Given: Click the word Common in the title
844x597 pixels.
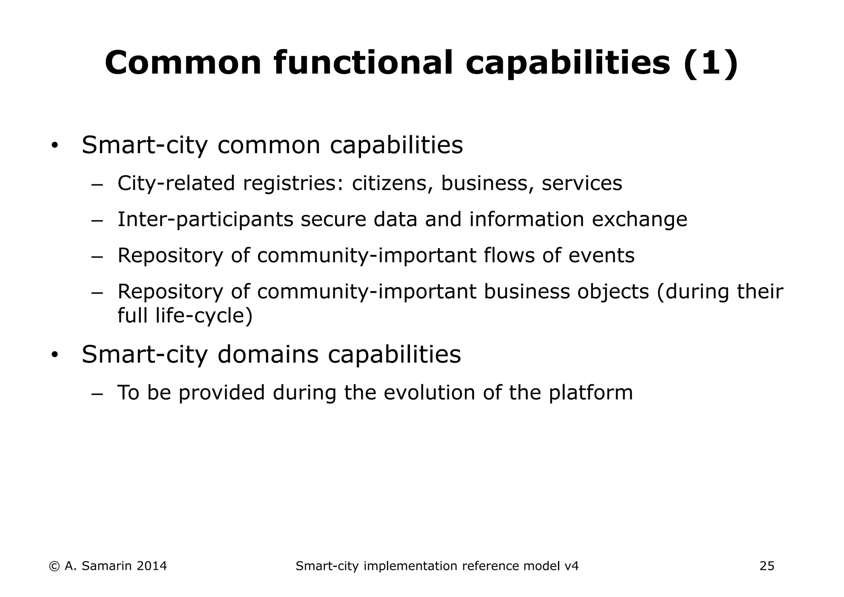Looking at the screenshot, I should [x=183, y=63].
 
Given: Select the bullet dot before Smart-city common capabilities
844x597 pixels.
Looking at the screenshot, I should [x=55, y=146].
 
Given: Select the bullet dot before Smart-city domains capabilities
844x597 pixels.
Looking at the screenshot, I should [x=55, y=355].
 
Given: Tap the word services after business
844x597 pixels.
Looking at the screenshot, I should [x=581, y=183].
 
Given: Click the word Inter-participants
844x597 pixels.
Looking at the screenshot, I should [x=205, y=220].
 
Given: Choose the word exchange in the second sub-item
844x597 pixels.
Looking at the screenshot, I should [x=640, y=220].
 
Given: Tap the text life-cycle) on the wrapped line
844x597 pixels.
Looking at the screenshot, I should [x=204, y=316].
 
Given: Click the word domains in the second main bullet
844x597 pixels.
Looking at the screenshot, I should [x=268, y=355].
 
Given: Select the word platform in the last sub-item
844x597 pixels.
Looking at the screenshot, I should [x=591, y=393].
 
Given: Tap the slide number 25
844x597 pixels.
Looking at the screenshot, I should [x=767, y=566].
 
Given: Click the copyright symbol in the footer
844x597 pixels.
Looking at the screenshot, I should [x=54, y=566].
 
